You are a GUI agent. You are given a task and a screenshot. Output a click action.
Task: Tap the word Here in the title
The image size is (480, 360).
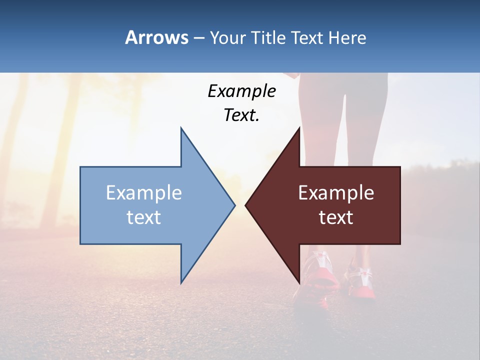[x=347, y=37]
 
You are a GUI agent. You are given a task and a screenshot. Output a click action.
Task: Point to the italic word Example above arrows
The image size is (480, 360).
[x=241, y=91]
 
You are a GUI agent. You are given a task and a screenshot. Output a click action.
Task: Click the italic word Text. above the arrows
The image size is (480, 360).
[x=241, y=115]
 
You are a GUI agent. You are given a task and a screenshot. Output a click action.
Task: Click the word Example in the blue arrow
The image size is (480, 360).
[x=144, y=193]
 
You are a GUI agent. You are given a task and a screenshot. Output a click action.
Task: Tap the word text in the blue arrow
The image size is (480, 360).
[x=144, y=217]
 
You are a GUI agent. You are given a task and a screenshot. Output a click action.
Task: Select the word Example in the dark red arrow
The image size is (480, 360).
[x=336, y=193]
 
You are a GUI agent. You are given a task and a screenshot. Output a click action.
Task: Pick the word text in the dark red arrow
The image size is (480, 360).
[x=336, y=217]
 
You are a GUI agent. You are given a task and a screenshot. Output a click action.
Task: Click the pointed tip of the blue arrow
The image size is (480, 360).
[x=234, y=205]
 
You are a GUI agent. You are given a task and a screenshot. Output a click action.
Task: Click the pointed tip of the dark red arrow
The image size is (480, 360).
[x=245, y=205]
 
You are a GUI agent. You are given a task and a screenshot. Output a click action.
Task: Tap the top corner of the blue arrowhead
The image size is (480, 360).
[x=181, y=127]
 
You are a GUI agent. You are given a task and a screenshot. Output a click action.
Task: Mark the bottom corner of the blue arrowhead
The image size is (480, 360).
[x=181, y=283]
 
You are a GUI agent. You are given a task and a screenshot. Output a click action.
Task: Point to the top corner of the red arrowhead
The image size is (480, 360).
[x=299, y=127]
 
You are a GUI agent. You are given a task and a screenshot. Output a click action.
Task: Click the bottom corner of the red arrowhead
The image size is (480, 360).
[x=299, y=283]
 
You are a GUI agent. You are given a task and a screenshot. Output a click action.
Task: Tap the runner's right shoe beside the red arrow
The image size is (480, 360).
[x=362, y=280]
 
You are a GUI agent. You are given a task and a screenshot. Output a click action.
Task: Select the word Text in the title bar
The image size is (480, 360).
[x=307, y=37]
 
